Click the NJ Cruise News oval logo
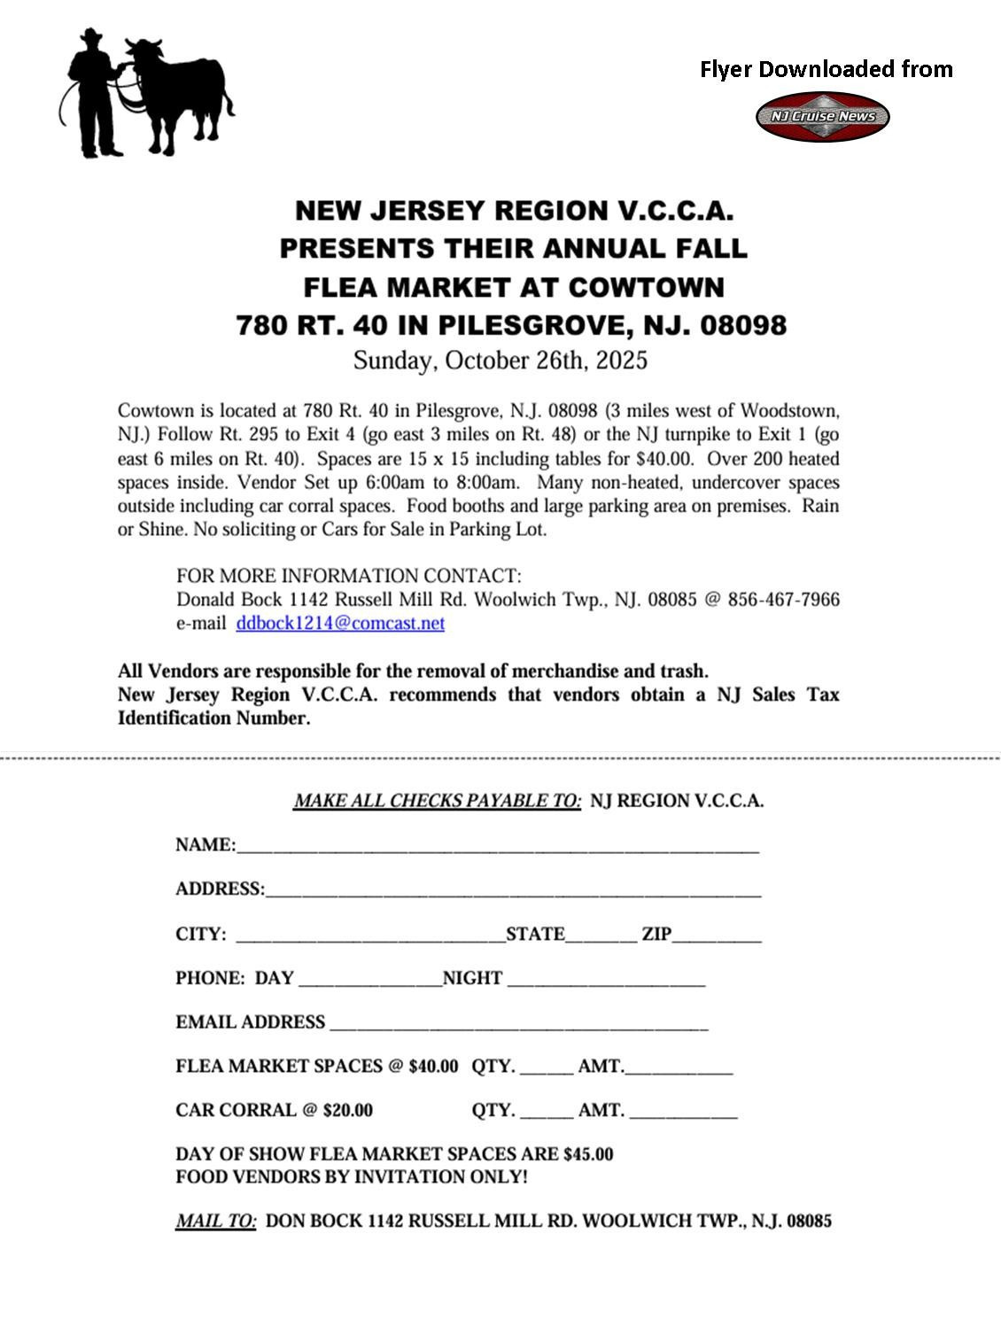pyautogui.click(x=822, y=116)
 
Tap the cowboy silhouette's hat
pyautogui.click(x=91, y=36)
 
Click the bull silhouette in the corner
pyautogui.click(x=182, y=93)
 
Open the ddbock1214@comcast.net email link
pyautogui.click(x=340, y=623)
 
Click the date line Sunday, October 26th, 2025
pyautogui.click(x=500, y=361)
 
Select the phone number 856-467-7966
pyautogui.click(x=783, y=599)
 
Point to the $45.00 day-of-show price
pyautogui.click(x=587, y=1154)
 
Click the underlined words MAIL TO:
pyautogui.click(x=216, y=1221)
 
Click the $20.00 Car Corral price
pyautogui.click(x=348, y=1110)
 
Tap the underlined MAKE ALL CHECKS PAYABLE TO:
pyautogui.click(x=438, y=801)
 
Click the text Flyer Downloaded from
pyautogui.click(x=826, y=69)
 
